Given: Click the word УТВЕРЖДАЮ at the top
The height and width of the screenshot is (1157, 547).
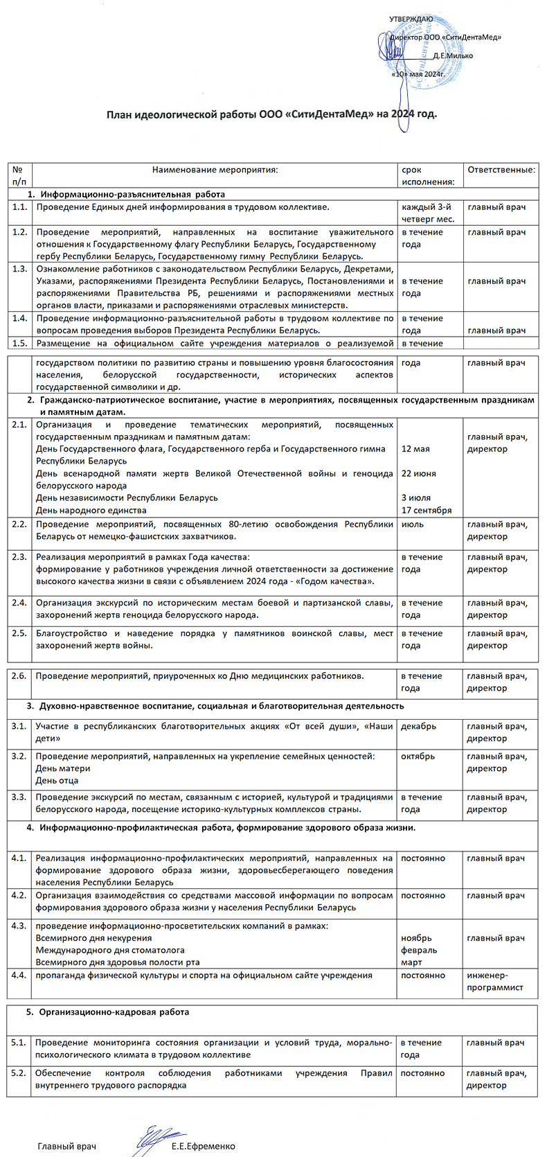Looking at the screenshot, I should click(411, 19).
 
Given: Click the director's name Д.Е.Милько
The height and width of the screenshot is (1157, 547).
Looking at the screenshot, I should click(452, 55).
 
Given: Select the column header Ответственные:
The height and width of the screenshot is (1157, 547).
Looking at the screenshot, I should click(501, 170).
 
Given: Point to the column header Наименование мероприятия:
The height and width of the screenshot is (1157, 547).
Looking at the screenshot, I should click(215, 170).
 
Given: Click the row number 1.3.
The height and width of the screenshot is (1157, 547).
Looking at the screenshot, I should click(19, 269).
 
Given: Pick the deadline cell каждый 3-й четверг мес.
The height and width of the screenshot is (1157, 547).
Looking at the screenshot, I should click(427, 213).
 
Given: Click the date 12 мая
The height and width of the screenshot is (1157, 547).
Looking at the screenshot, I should click(415, 449).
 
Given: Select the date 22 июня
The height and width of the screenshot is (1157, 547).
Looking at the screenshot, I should click(418, 473).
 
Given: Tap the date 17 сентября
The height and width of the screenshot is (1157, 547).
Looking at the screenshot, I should click(427, 511).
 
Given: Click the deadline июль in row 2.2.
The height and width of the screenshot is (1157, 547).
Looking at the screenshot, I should click(413, 524).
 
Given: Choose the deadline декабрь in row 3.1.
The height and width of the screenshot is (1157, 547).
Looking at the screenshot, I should click(418, 726).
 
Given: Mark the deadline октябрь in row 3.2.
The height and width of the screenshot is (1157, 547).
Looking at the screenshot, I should click(418, 756).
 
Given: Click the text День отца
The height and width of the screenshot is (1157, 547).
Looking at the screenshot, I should click(57, 780).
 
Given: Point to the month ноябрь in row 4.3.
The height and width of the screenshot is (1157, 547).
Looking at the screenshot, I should click(416, 938).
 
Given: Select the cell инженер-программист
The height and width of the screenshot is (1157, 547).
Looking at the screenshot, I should click(495, 981).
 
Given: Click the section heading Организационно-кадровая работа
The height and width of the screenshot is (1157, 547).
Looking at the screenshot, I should click(114, 1012).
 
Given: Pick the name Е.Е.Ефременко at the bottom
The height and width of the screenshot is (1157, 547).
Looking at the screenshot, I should click(204, 1147).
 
